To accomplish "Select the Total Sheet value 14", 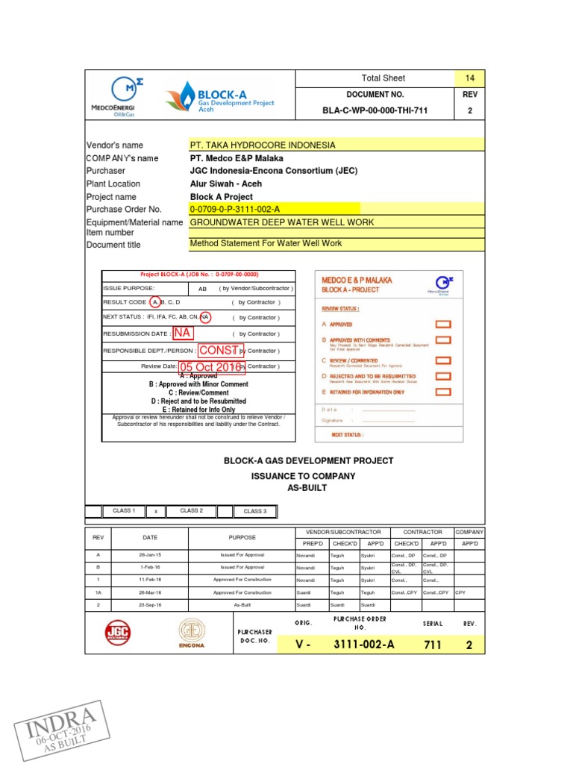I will (x=469, y=78).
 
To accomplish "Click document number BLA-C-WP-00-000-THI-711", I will (x=375, y=111).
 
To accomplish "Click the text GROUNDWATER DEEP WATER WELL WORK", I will (x=281, y=222).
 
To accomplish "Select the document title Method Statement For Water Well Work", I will (x=266, y=243).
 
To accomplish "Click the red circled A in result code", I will (x=154, y=302).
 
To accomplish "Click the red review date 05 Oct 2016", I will (x=210, y=366).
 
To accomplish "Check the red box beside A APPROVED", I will (x=443, y=324).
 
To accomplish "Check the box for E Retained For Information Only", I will (x=443, y=392).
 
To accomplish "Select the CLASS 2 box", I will (x=191, y=511).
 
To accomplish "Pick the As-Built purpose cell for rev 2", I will (x=242, y=604).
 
